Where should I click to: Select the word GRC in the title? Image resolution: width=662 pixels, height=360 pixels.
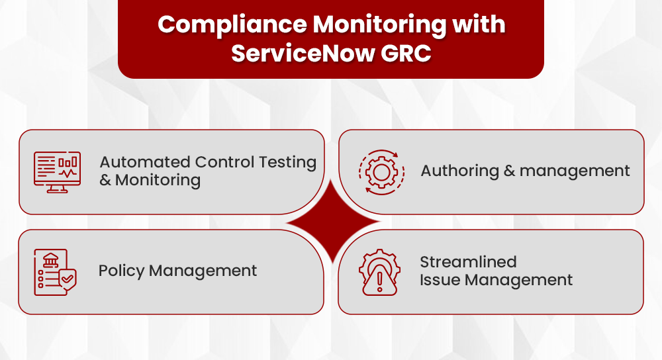[406, 54]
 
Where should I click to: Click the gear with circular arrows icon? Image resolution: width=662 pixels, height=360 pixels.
[380, 172]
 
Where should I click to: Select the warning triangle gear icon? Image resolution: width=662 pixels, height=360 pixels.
[379, 272]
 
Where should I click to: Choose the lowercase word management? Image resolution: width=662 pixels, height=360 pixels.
[575, 171]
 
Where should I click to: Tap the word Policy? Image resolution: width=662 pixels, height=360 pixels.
[121, 271]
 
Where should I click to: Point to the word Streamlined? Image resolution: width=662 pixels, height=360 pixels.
[468, 262]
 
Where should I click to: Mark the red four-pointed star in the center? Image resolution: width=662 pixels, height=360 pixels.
[332, 222]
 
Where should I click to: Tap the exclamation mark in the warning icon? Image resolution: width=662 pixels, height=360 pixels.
[379, 282]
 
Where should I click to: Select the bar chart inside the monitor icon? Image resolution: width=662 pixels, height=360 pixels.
[68, 161]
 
